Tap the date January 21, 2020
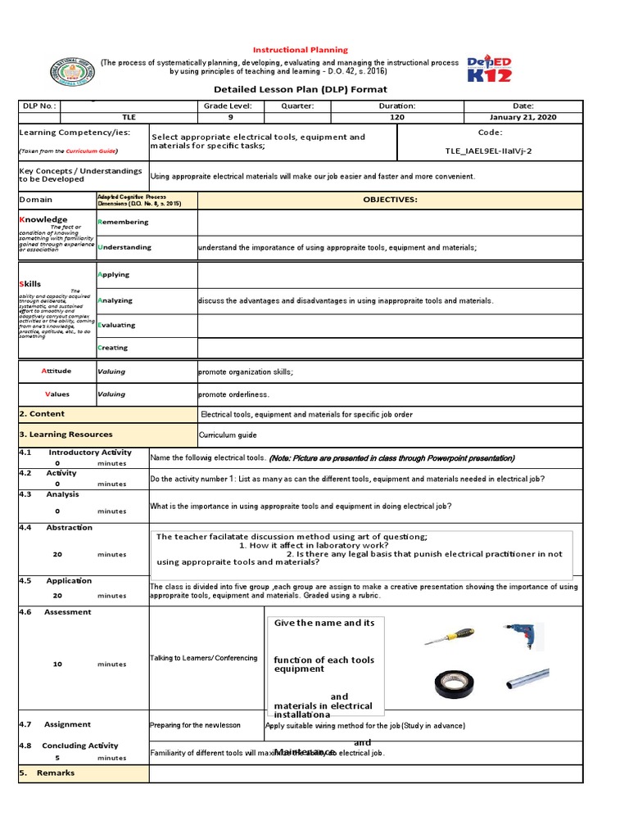click(523, 117)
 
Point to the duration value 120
click(397, 117)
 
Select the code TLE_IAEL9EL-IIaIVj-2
click(489, 151)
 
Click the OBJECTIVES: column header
click(390, 200)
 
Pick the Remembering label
click(123, 222)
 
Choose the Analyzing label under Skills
click(115, 300)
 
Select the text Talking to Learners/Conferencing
click(204, 658)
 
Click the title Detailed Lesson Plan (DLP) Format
click(300, 89)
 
